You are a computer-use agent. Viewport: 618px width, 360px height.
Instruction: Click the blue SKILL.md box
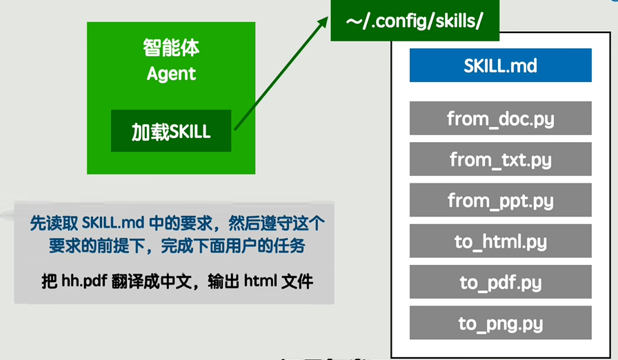[501, 66]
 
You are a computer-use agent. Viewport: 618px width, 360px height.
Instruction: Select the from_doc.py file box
[501, 118]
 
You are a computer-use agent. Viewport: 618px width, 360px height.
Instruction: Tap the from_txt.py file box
[501, 159]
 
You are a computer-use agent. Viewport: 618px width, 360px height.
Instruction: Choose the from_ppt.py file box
[501, 200]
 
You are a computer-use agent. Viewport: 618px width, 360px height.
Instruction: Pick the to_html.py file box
[501, 241]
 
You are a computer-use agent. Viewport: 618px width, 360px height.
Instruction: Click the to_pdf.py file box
[501, 282]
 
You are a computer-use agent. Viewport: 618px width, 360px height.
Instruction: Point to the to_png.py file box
[501, 323]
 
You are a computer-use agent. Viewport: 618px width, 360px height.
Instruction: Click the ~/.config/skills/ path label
[415, 21]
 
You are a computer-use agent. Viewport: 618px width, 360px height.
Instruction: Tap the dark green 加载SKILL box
[171, 131]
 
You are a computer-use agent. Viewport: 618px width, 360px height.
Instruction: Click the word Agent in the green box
[171, 74]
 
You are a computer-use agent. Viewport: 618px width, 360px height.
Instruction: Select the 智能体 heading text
[171, 48]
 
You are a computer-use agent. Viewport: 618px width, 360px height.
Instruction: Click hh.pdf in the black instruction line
[84, 281]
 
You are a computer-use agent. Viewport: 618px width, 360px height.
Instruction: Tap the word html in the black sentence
[261, 281]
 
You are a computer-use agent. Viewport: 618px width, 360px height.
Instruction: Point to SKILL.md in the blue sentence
[113, 223]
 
